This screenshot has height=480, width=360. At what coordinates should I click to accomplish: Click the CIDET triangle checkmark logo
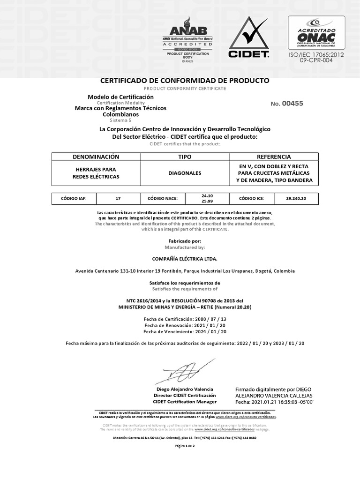[248, 37]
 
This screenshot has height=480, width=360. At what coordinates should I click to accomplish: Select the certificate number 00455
[293, 104]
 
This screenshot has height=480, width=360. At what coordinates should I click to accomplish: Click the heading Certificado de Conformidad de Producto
[185, 81]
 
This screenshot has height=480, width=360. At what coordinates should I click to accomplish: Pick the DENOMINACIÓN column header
[96, 157]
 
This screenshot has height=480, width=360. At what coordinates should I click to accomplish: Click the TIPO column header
[185, 157]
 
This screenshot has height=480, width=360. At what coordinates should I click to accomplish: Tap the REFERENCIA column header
[274, 157]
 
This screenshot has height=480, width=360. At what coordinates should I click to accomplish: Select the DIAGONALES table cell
[185, 173]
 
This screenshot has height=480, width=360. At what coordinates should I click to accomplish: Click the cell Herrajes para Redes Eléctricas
[96, 173]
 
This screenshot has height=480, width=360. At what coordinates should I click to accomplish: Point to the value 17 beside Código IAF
[118, 199]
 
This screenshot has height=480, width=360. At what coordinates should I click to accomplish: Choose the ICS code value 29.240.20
[296, 199]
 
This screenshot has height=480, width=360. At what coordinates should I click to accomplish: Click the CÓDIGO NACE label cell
[163, 199]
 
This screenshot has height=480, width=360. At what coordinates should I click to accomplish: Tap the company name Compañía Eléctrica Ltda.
[185, 258]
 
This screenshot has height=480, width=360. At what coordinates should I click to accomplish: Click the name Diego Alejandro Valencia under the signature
[185, 389]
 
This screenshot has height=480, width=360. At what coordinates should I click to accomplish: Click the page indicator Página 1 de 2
[185, 446]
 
